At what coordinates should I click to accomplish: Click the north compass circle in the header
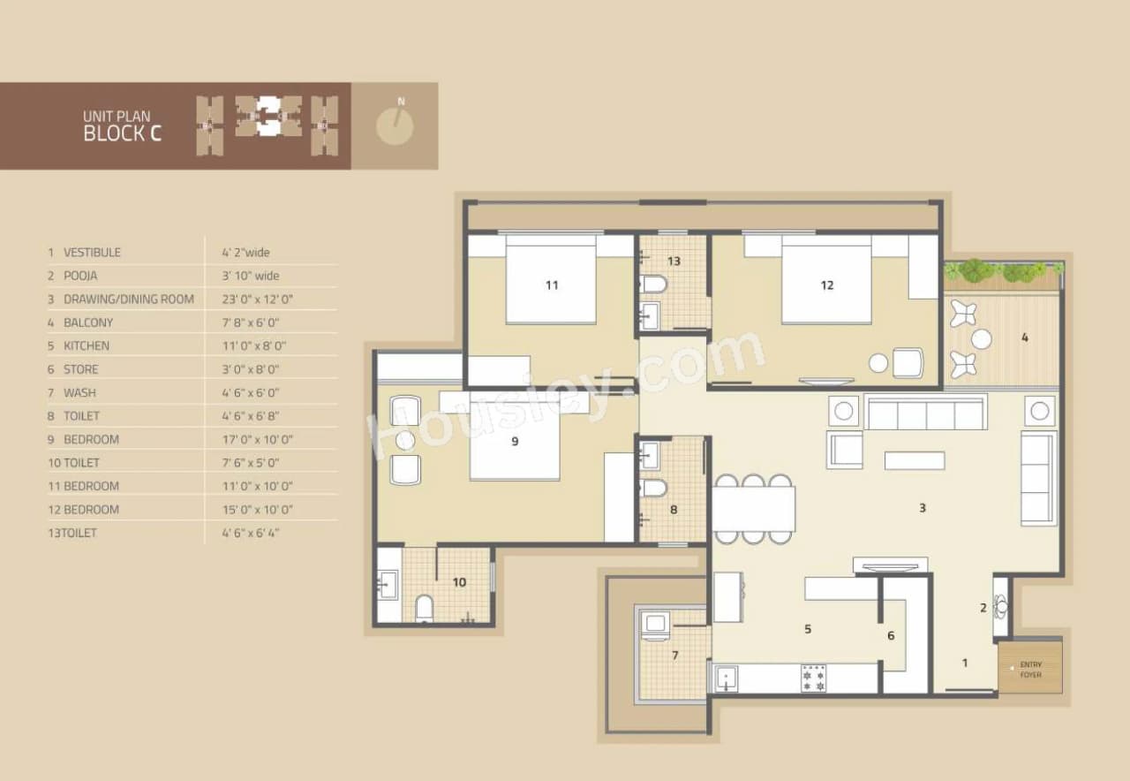click(x=395, y=126)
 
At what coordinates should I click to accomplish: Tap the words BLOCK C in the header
click(x=122, y=133)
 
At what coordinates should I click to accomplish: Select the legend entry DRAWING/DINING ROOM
click(x=128, y=300)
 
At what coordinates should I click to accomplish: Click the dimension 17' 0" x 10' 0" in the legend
click(x=257, y=439)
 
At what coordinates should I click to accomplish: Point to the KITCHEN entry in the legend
click(x=87, y=345)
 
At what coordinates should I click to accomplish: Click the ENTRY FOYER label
click(x=1030, y=670)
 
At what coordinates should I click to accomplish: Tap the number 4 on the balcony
click(x=1024, y=337)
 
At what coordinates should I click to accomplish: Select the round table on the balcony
click(x=981, y=339)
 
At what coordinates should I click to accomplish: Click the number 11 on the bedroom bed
click(x=552, y=284)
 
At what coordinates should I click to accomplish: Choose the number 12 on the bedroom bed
click(x=826, y=284)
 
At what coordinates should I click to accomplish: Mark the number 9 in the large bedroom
click(x=515, y=442)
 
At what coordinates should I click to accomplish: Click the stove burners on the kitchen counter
click(x=813, y=678)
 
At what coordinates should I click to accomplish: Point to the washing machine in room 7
click(x=655, y=625)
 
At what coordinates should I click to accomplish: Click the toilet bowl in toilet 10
click(x=424, y=607)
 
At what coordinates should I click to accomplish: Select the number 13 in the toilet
click(x=674, y=261)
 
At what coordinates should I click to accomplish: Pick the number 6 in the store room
click(x=891, y=635)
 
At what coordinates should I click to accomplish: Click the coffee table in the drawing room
click(x=915, y=460)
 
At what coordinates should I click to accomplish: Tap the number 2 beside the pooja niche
click(x=983, y=607)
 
